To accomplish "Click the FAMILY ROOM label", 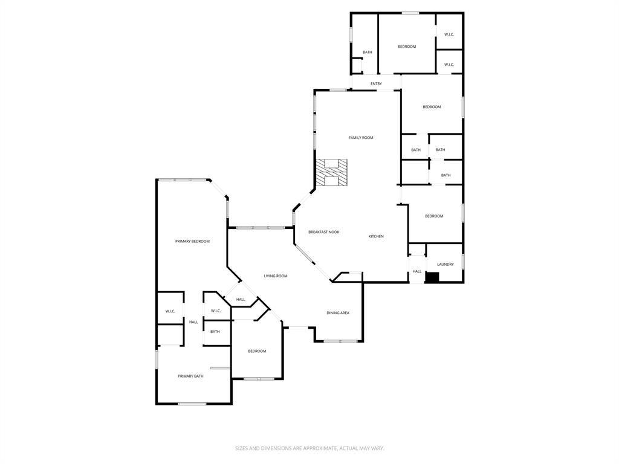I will tap(361, 138).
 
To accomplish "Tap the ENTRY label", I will tap(376, 83).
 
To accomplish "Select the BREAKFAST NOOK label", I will tap(323, 232).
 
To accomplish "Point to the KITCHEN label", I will tap(376, 236).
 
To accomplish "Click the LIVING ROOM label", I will tap(275, 276).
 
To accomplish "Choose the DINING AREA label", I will tap(338, 313).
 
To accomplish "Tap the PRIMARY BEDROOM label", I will tap(192, 242).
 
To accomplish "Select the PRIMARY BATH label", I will tap(190, 376).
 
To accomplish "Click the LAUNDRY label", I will tap(445, 264).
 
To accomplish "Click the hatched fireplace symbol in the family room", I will tap(331, 172).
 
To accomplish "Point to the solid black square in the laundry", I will tap(432, 277).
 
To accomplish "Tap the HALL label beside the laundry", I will tap(417, 271).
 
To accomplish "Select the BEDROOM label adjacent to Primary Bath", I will tap(257, 351).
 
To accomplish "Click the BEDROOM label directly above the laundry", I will tap(434, 216).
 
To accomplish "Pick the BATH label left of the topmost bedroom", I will tap(367, 53).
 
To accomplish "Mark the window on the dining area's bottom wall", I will tap(340, 341).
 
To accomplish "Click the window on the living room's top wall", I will tap(261, 228).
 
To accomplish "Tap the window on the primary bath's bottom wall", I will tap(192, 404).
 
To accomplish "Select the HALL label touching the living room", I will tap(241, 300).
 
